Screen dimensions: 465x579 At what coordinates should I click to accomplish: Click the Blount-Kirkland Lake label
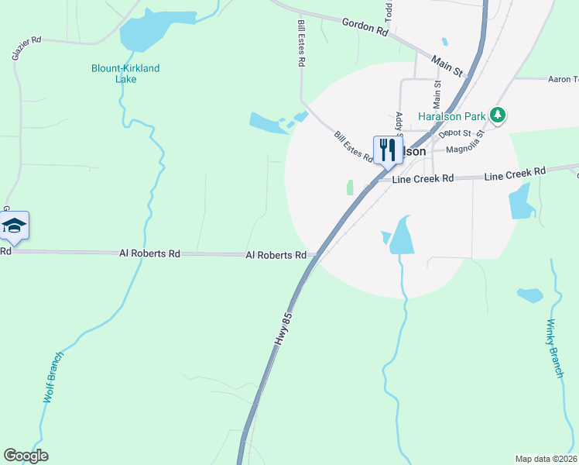tap(125, 74)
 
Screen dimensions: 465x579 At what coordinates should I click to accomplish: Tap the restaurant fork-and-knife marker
tap(386, 150)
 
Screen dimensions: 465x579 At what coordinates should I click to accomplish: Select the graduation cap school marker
tap(14, 226)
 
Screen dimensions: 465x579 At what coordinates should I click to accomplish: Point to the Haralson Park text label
tap(451, 117)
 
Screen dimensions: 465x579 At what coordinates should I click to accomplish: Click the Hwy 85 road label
tap(286, 329)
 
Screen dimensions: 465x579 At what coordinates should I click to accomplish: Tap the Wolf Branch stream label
tap(51, 377)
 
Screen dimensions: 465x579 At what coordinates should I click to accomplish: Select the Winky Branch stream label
tap(555, 348)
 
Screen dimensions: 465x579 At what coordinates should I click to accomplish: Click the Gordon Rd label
tap(365, 29)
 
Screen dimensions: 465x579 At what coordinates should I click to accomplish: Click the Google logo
tap(26, 456)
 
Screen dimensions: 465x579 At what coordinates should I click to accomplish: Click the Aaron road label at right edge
tap(563, 79)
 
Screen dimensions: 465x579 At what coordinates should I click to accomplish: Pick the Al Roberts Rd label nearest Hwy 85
tap(276, 254)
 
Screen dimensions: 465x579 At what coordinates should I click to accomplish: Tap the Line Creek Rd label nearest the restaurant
tap(423, 179)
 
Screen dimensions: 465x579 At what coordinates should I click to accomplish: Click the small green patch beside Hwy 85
tap(350, 188)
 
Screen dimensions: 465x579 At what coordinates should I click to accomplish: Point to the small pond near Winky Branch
tap(530, 295)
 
